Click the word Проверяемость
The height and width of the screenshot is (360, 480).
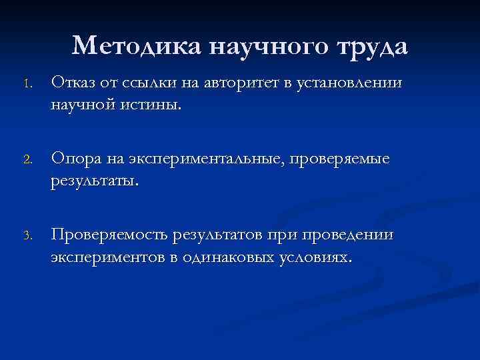pyautogui.click(x=109, y=236)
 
